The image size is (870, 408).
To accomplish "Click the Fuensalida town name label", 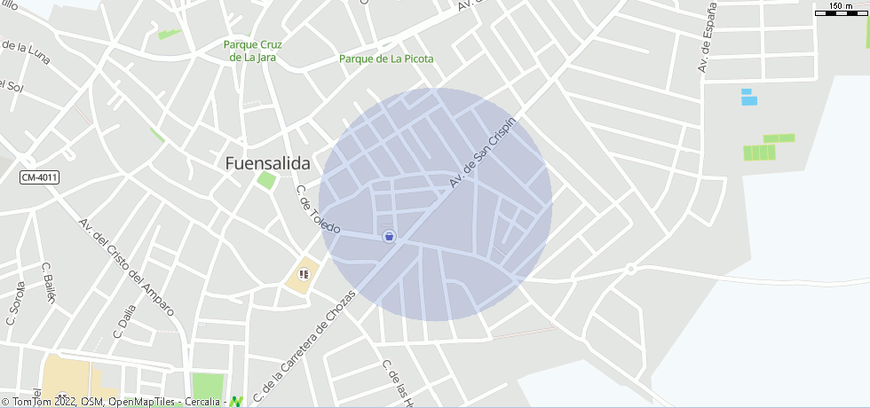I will tap(267, 163).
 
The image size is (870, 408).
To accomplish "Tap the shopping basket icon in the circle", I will tap(389, 236).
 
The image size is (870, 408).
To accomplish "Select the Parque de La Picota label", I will tap(386, 59).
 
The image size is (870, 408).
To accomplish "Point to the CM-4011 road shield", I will tap(39, 177).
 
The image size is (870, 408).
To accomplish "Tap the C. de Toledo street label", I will tap(318, 210).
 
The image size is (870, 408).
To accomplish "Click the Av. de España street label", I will tap(706, 37).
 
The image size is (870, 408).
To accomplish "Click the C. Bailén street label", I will tap(48, 282).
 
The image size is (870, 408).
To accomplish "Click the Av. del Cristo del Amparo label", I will tap(125, 268).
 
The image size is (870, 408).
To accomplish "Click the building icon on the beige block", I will tap(304, 274).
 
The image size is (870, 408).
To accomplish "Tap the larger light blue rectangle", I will tap(749, 100).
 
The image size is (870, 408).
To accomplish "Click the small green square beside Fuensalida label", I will tap(266, 180).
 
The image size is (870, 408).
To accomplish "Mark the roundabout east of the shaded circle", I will tap(630, 268).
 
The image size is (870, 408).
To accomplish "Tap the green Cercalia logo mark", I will tap(235, 402).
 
